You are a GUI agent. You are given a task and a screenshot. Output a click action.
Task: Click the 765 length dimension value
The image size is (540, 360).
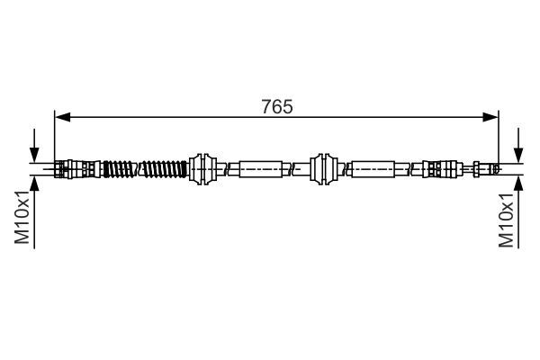[278, 106]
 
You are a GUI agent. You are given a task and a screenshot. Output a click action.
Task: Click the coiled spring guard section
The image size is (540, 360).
[144, 168]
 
